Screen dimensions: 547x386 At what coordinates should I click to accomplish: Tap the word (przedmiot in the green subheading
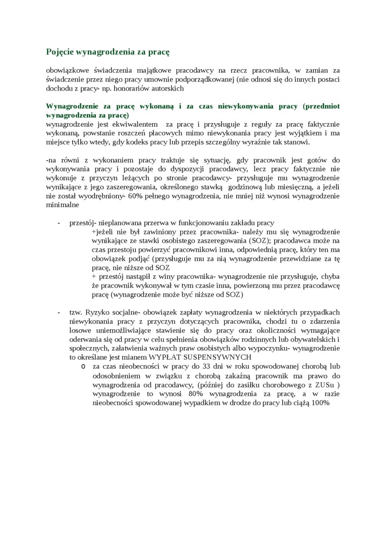(x=321, y=106)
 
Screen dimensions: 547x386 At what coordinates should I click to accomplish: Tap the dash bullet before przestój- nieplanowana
(x=59, y=223)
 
